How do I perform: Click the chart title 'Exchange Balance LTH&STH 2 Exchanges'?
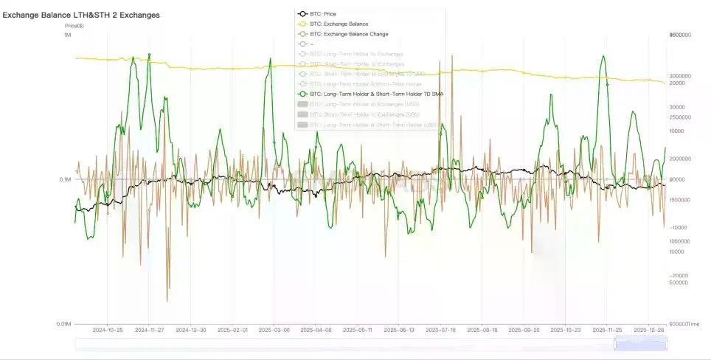click(x=81, y=15)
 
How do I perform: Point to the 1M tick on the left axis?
click(x=67, y=35)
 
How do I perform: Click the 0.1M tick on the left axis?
click(x=65, y=180)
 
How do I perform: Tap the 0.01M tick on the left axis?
click(x=63, y=324)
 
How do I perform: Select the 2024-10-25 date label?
click(x=107, y=331)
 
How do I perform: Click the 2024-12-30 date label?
click(x=190, y=331)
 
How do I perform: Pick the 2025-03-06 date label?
click(x=273, y=331)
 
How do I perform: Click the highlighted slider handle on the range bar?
click(x=640, y=344)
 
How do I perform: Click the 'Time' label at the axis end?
click(x=696, y=324)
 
